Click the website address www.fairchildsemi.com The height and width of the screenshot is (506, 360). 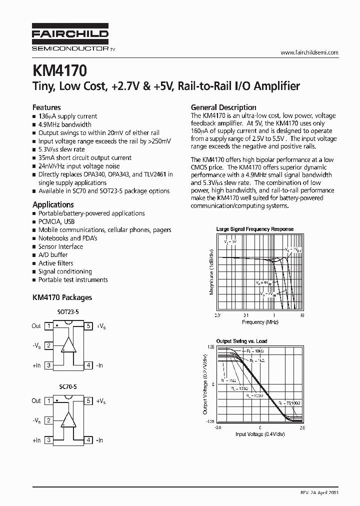[309, 52]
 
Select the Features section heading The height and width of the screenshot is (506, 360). [46, 107]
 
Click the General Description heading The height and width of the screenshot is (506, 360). [223, 107]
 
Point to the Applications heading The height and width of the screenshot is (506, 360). [53, 204]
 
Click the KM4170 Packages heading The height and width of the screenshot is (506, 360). [62, 297]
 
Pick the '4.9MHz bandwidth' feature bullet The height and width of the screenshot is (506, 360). [65, 124]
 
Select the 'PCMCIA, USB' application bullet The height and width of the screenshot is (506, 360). [56, 221]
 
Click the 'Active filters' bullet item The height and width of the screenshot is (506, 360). [55, 263]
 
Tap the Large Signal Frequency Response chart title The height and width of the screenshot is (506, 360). [254, 229]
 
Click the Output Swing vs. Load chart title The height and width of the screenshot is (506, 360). [241, 341]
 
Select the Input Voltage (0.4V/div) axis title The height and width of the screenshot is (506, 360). [259, 434]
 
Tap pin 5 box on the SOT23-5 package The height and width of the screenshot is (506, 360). [88, 326]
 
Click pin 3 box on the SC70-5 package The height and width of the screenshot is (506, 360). [48, 440]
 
